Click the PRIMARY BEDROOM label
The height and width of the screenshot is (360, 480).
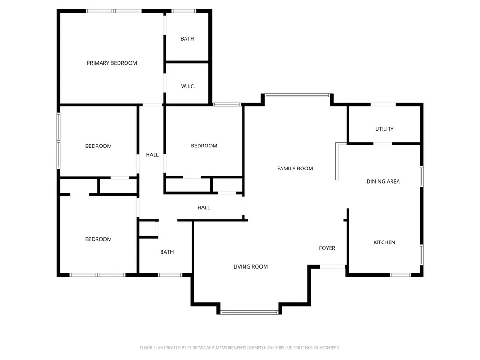tap(112, 63)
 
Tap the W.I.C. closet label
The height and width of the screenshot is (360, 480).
tap(188, 86)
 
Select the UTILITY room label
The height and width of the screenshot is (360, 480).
tap(384, 129)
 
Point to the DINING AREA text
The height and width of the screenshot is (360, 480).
tap(383, 181)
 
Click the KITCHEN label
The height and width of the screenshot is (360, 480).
tap(384, 242)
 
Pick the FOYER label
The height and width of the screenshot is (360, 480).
tap(327, 248)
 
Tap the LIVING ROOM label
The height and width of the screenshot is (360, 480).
tap(251, 267)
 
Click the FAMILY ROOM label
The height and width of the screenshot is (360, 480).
tap(295, 169)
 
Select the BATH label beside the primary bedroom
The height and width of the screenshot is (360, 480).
tap(187, 39)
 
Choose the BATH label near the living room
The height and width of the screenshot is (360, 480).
tap(167, 252)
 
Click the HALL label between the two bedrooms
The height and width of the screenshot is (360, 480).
tap(152, 155)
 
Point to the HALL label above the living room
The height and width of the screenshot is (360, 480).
tap(204, 207)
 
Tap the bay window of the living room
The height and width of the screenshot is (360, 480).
tap(249, 313)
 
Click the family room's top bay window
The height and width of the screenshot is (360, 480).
tap(297, 95)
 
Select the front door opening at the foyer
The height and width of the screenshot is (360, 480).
tap(332, 267)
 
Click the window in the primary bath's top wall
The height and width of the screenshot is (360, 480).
tap(184, 11)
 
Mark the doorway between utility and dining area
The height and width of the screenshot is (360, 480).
tap(383, 144)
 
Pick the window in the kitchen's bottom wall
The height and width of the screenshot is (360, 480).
tap(400, 275)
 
